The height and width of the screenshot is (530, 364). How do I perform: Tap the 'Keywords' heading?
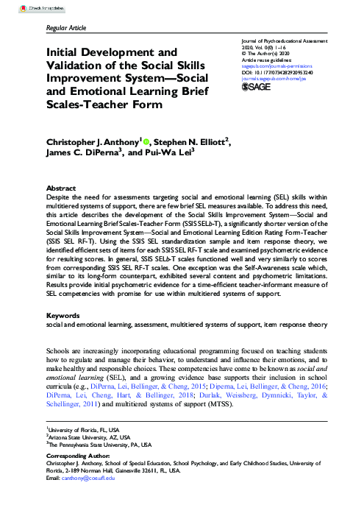(x=63, y=335)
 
